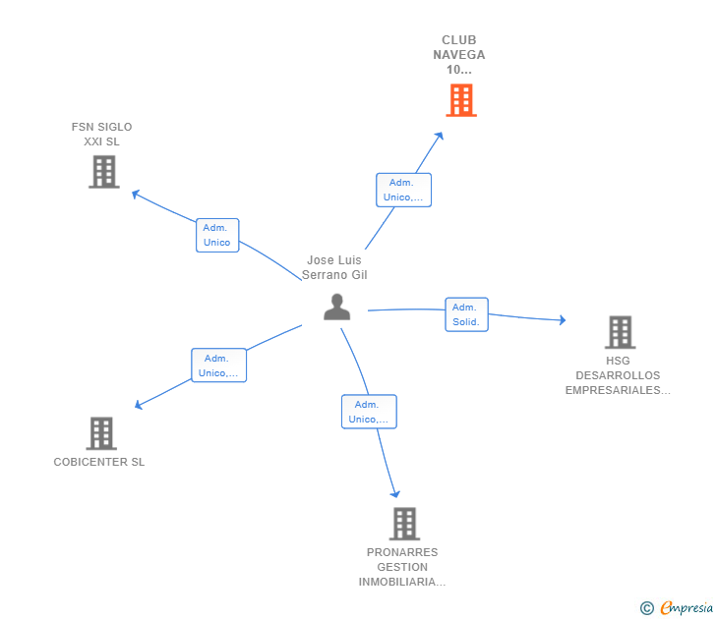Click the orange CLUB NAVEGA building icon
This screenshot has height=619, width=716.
point(460,100)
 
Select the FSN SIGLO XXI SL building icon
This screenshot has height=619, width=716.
point(103,172)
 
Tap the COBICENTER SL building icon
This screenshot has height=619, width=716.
point(100,433)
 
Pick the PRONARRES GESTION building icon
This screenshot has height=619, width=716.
point(404,524)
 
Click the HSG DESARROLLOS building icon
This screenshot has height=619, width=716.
point(620,332)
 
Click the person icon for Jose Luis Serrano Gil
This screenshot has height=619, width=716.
point(336,308)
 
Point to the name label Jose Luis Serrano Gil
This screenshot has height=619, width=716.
point(334,268)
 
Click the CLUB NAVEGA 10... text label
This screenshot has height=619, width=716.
point(459,55)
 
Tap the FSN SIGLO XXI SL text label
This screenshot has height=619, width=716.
point(101,134)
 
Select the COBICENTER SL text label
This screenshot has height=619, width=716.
point(99,462)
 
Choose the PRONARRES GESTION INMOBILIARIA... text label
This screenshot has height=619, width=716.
point(402,567)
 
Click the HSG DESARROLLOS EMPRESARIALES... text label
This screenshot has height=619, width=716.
point(618,375)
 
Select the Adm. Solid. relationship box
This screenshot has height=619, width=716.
point(466,314)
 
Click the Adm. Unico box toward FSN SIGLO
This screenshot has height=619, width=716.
point(217,235)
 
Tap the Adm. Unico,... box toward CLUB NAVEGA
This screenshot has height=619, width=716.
point(403,190)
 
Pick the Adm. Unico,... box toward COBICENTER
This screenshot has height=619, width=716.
point(218,366)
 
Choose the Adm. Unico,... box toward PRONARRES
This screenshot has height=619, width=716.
point(369,412)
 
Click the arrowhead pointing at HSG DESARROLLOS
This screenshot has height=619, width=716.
point(562,319)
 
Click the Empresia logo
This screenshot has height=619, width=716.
point(678,608)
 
